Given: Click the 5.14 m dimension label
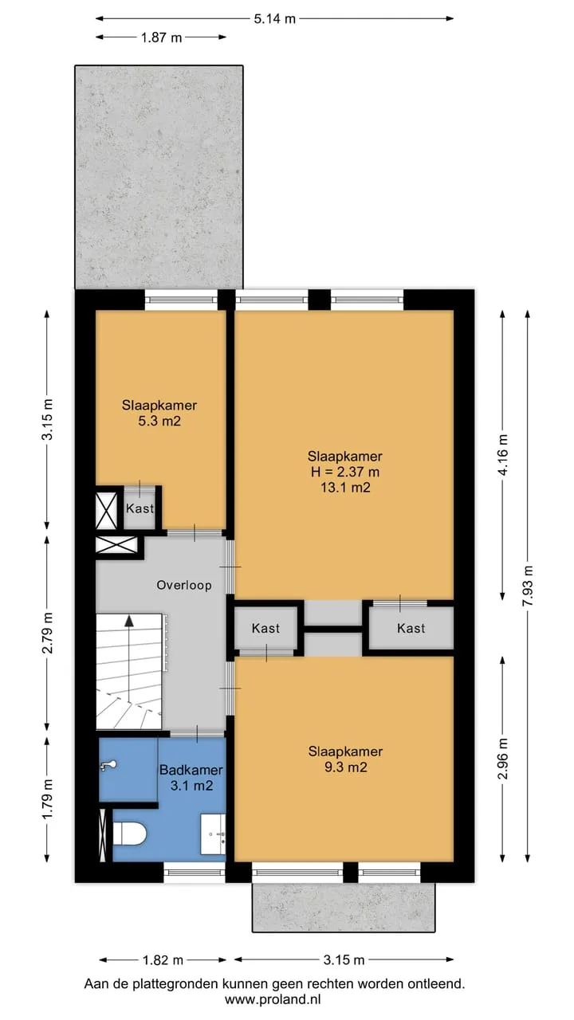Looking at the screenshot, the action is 275,18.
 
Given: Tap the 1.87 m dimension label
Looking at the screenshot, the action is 161,37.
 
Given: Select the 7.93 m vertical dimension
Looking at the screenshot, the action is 528,586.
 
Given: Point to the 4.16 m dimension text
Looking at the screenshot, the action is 503,455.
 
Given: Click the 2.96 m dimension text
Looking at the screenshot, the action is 503,759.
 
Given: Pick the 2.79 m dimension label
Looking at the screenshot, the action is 47,633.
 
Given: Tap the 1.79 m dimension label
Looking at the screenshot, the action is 47,798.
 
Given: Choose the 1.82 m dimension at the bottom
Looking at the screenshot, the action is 163,960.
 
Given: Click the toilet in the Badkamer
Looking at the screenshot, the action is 129,834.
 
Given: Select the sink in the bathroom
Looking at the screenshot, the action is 213,834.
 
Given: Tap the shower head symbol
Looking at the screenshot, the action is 109,766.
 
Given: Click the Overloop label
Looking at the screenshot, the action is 184,585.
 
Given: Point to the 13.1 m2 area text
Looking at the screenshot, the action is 345,488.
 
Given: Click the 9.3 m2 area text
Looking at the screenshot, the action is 346,767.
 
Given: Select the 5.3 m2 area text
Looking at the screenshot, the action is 159,421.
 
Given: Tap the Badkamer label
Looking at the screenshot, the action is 191,770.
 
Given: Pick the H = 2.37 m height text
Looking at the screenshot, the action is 345,472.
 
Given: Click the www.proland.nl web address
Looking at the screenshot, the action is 273,999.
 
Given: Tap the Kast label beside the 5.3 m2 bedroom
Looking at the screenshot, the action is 140,508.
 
